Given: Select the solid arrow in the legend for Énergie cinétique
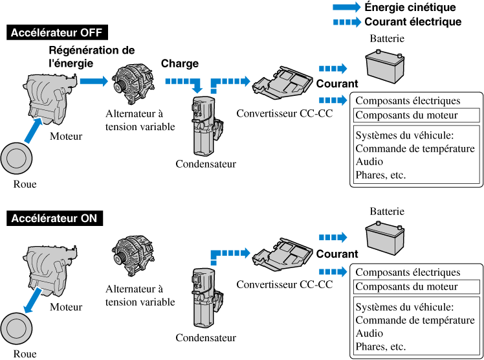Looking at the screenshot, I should pyautogui.click(x=346, y=8).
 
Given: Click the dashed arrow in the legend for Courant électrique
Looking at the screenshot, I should pyautogui.click(x=346, y=22).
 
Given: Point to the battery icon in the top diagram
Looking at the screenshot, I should pyautogui.click(x=386, y=65).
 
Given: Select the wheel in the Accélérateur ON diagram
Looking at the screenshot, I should pyautogui.click(x=15, y=328).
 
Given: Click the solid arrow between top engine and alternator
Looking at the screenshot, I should pyautogui.click(x=91, y=81).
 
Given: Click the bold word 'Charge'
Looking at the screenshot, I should pyautogui.click(x=180, y=63).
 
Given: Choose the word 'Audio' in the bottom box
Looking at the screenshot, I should pyautogui.click(x=369, y=333).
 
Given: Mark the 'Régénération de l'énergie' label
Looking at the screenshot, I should pyautogui.click(x=92, y=56).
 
